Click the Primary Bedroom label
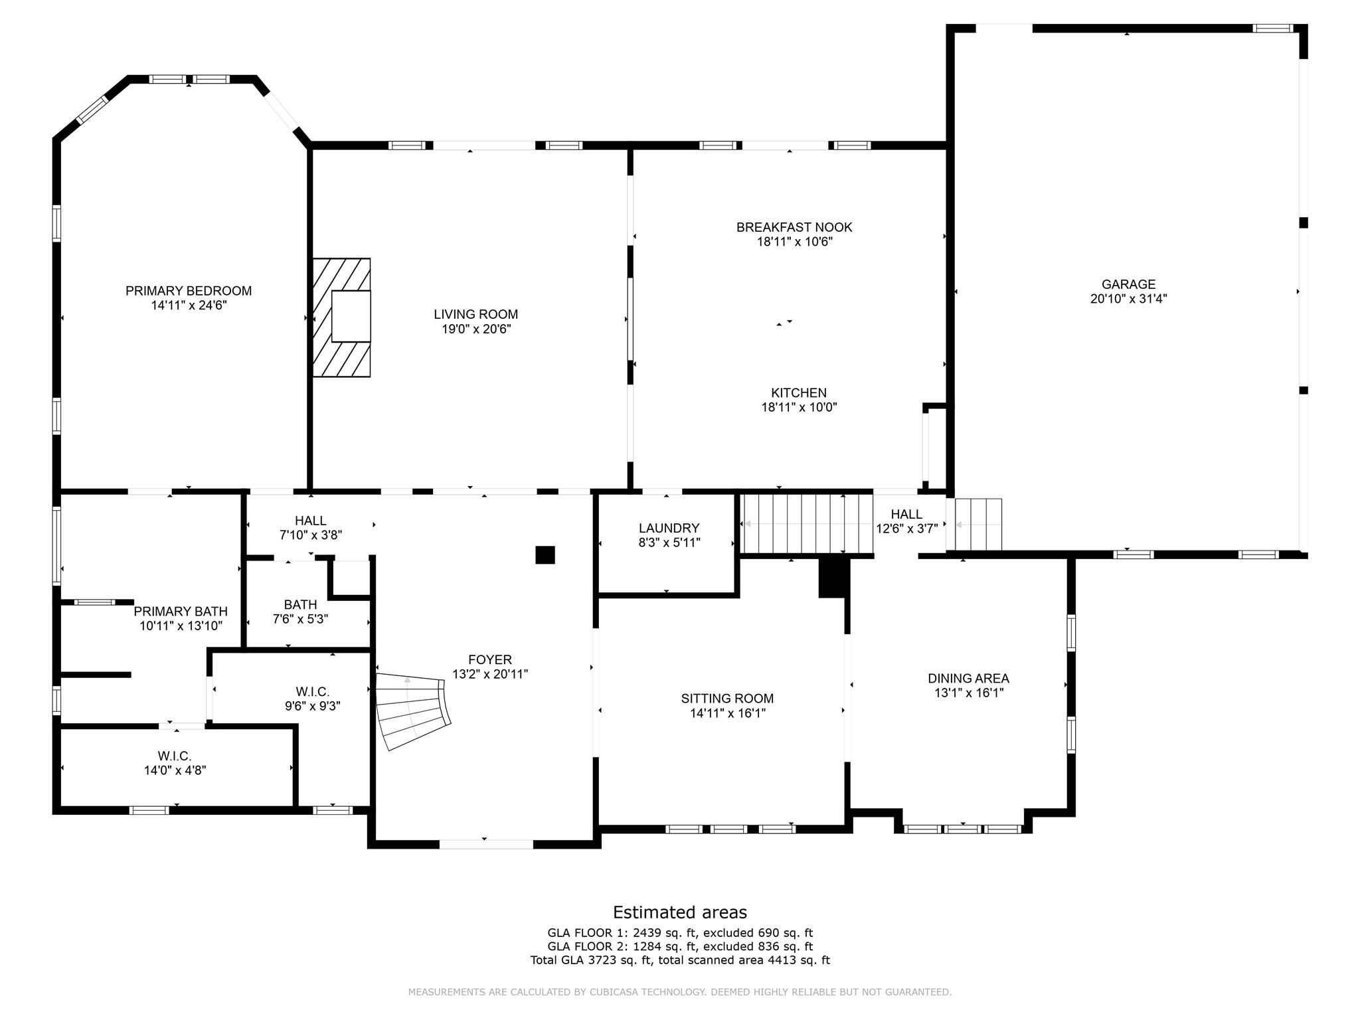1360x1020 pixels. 189,291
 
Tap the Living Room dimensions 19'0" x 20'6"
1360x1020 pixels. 476,329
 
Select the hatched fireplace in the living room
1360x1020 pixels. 342,318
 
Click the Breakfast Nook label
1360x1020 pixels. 794,227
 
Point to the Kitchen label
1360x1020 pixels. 799,393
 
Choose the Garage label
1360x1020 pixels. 1129,284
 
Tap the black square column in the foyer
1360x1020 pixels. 545,555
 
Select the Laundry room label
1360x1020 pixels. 669,528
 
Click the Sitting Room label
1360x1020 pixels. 727,699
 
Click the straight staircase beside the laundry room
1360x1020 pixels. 807,524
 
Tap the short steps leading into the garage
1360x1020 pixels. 978,525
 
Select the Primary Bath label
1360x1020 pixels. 181,612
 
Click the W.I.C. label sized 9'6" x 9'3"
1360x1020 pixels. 313,692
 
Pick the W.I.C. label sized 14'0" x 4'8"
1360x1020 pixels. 175,756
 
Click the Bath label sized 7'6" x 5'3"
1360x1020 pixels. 300,605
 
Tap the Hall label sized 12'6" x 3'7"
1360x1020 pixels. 906,515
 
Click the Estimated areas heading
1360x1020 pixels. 680,912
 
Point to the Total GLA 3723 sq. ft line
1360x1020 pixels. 680,960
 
